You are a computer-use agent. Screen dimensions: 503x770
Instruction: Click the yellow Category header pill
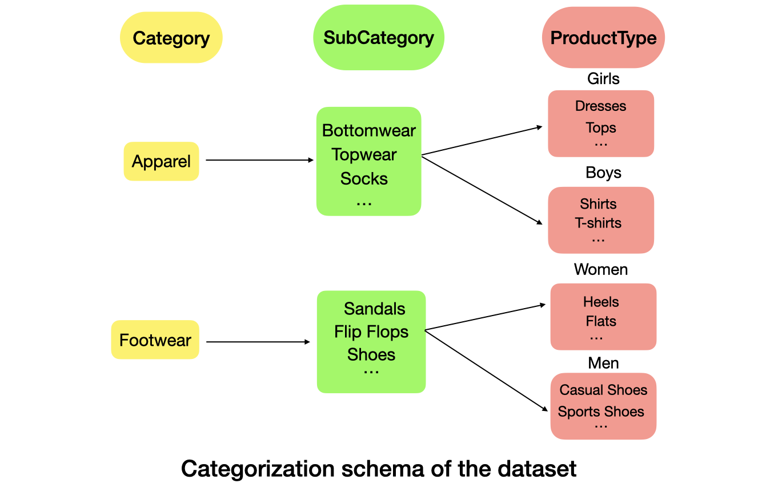(171, 38)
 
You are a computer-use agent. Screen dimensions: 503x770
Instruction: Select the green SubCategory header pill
(378, 38)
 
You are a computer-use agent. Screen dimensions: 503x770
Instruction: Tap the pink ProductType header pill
(603, 38)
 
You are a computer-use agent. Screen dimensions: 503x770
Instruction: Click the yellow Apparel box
(161, 161)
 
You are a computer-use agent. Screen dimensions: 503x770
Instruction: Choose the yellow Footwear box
(155, 340)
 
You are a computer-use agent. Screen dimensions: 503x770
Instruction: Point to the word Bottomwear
(368, 130)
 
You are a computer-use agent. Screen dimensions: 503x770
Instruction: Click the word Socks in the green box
(364, 178)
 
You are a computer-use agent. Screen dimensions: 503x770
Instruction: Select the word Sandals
(374, 309)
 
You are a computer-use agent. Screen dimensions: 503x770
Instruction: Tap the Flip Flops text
(371, 332)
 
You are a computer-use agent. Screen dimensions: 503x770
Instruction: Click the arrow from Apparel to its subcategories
(259, 161)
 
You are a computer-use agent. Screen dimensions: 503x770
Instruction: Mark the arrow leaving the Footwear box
(257, 342)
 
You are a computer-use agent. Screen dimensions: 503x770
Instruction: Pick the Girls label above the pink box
(603, 78)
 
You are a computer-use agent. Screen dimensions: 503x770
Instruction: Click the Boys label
(603, 173)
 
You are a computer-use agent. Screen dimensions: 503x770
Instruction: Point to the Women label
(601, 269)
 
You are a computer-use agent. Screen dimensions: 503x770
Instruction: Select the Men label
(603, 363)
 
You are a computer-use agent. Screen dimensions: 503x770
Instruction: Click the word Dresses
(600, 106)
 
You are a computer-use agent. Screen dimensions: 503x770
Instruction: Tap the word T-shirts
(598, 223)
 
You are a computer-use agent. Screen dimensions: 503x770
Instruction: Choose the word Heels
(601, 302)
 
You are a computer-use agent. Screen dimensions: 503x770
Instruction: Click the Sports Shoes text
(601, 412)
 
